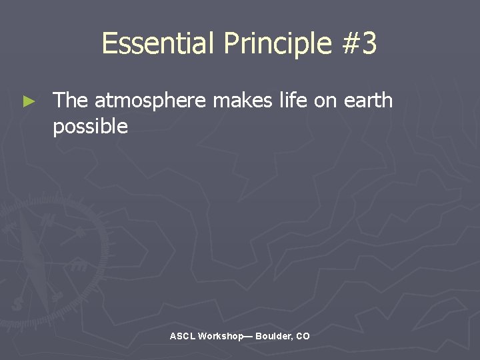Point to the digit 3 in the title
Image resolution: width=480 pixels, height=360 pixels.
pyautogui.click(x=369, y=44)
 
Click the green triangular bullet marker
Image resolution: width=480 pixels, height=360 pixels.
pyautogui.click(x=28, y=102)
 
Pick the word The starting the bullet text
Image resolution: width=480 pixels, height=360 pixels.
pyautogui.click(x=70, y=101)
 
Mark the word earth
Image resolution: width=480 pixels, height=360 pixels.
pyautogui.click(x=368, y=101)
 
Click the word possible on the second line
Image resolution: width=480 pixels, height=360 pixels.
pyautogui.click(x=90, y=127)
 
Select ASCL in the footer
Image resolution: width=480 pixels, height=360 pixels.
pyautogui.click(x=182, y=337)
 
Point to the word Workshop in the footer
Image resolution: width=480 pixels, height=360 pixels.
pyautogui.click(x=220, y=337)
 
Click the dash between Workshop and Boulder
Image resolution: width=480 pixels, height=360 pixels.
pyautogui.click(x=249, y=337)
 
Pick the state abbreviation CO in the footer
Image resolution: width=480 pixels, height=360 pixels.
pyautogui.click(x=303, y=337)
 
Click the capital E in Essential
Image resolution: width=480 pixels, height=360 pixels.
pyautogui.click(x=109, y=44)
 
